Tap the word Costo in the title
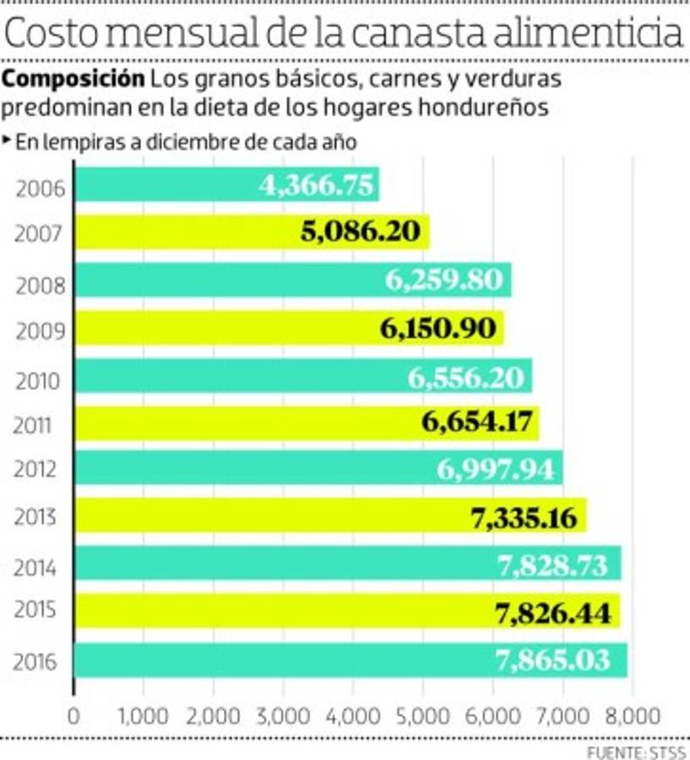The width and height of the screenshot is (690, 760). (59, 34)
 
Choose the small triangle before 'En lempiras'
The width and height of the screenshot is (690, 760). (8, 140)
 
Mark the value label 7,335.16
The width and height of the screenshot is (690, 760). (524, 517)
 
